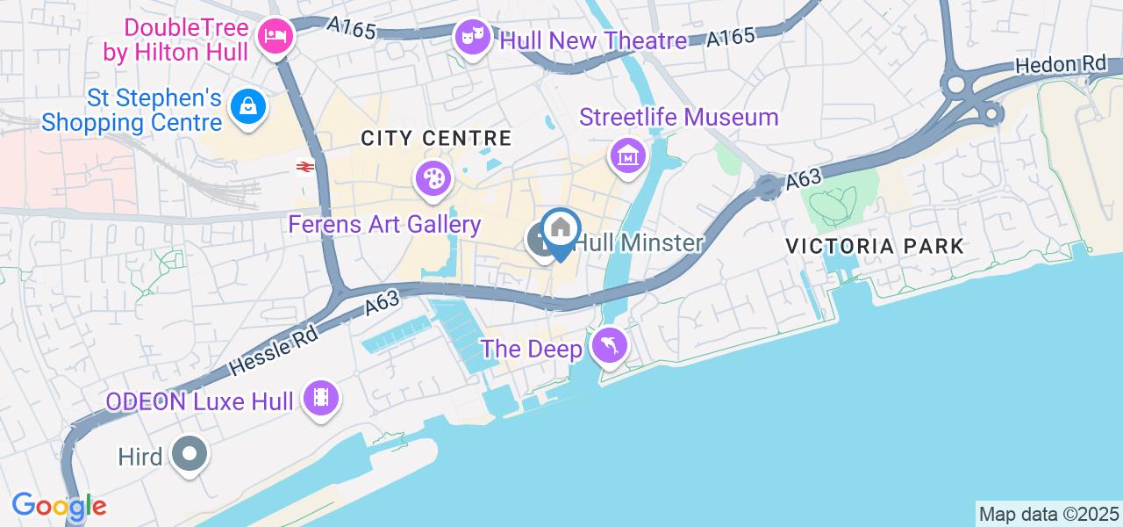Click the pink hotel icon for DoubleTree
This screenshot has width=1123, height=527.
coord(275,36)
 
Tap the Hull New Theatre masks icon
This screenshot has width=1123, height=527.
coord(471,37)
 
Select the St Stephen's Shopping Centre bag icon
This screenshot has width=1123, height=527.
coord(248,107)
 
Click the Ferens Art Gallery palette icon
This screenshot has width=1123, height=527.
coord(432,179)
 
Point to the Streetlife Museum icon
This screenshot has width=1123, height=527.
coord(628,157)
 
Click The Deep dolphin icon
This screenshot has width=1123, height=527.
coord(608,346)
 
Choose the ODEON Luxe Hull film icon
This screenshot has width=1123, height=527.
coord(321,399)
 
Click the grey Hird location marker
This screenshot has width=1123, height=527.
coord(190,455)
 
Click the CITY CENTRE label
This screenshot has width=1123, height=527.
coord(436,138)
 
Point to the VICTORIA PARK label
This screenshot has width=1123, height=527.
coord(875,246)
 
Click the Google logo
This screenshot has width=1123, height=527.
coord(59,506)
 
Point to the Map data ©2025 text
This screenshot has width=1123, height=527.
coord(1049,514)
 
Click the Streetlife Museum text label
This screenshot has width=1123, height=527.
coord(678,117)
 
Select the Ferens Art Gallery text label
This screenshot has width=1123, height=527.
coord(384,225)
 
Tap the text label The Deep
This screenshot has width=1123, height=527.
coord(532,349)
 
